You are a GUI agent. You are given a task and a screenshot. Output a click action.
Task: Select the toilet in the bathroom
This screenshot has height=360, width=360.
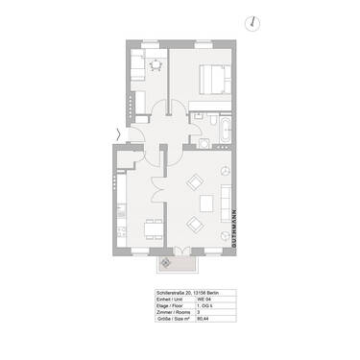(204, 142)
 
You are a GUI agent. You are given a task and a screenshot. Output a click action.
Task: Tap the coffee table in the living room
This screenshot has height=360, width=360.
(207, 203)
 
